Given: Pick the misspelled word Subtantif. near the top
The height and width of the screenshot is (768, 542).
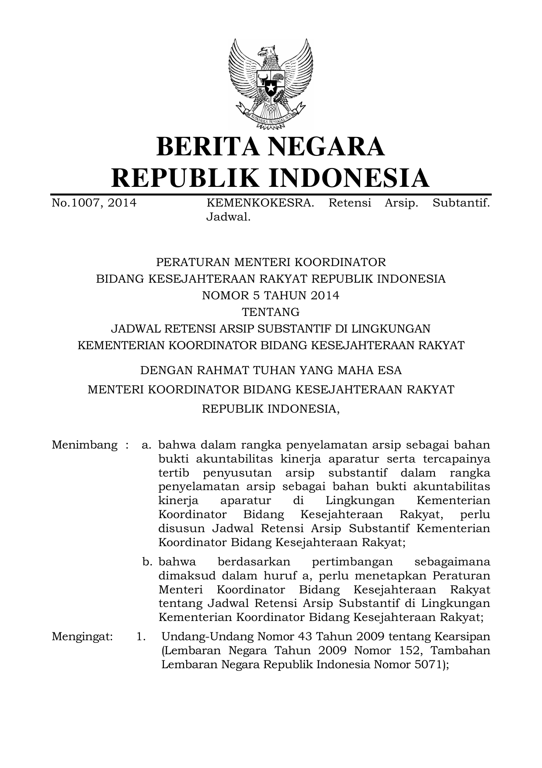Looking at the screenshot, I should pos(461,203).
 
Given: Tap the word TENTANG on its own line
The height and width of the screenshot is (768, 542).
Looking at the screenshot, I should pos(271,312).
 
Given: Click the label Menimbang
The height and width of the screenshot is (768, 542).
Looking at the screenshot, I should pos(84,445).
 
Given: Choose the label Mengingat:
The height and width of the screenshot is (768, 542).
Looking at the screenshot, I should pos(82,637).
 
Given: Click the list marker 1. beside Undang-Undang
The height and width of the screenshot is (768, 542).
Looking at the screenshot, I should pos(141,637).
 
